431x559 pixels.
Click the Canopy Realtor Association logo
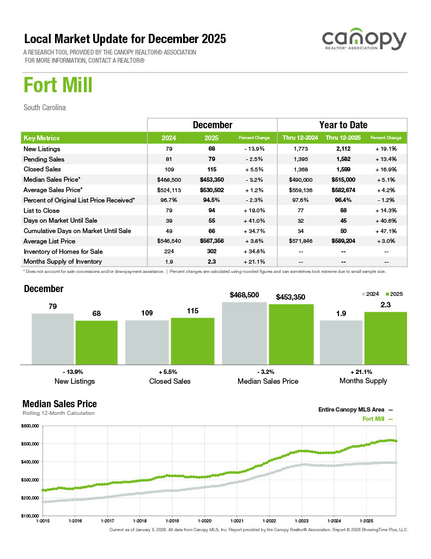click(x=364, y=41)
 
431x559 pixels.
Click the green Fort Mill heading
click(x=58, y=86)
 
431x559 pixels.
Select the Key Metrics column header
click(x=41, y=138)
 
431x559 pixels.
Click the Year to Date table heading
click(x=343, y=125)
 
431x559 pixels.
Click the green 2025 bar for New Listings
click(x=96, y=342)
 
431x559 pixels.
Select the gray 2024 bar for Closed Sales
click(x=147, y=342)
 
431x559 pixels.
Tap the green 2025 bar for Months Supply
click(x=385, y=337)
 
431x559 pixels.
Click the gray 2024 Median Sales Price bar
click(x=245, y=332)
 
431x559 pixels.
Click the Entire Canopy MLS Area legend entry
click(x=351, y=409)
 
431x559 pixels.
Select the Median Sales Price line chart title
click(x=59, y=404)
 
